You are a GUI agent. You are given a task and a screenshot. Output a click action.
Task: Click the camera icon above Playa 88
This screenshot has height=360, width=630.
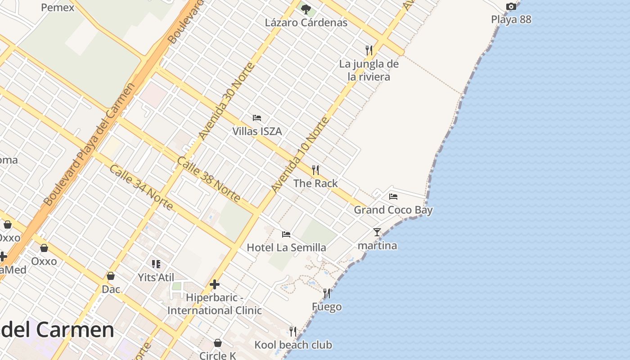[x=511, y=6]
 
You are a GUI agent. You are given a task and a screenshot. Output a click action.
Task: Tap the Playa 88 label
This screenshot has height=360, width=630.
[x=511, y=19]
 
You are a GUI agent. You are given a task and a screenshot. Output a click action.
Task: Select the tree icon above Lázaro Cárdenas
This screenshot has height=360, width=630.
[x=306, y=9]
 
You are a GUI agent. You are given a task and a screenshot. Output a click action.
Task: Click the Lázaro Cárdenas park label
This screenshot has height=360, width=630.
[x=306, y=22]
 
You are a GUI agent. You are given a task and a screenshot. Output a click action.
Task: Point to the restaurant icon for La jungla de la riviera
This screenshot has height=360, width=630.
[x=369, y=50]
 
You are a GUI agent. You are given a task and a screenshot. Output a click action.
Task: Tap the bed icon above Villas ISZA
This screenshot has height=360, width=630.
[x=257, y=118]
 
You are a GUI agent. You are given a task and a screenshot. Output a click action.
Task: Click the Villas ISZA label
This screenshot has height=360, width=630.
[x=257, y=131]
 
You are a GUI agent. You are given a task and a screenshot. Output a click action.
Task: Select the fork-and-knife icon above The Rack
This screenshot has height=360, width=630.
[x=315, y=170]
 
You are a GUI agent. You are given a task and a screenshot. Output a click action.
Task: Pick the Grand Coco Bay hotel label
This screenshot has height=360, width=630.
[x=393, y=210]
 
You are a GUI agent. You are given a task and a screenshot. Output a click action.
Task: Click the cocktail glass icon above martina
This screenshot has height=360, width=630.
[x=377, y=232]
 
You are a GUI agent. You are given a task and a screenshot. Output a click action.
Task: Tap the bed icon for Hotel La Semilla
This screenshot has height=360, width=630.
[x=286, y=234]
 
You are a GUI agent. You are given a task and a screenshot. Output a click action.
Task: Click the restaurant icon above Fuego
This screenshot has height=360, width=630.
[x=327, y=293]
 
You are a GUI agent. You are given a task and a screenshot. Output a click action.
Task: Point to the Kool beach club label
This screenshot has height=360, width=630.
[x=293, y=345]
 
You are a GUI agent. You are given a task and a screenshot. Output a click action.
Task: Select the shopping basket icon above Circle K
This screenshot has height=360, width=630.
[x=218, y=343]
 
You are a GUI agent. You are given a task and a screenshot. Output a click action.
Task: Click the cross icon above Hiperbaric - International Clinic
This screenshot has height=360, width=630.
[x=215, y=284]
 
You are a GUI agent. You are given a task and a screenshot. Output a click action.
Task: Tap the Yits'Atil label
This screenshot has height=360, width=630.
[x=156, y=278]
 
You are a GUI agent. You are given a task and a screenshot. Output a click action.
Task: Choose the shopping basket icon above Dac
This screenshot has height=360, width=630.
[x=111, y=276]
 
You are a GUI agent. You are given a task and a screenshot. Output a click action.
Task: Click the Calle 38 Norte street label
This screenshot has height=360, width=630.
[x=208, y=180]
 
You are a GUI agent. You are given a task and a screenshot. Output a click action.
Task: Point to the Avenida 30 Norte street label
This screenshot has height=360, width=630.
[x=226, y=102]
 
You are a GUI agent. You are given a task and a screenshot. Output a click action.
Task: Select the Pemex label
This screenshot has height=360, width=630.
[x=58, y=8]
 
